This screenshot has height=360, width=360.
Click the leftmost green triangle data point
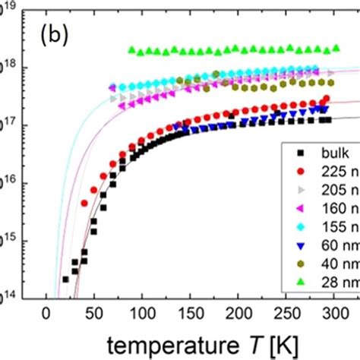click(x=131, y=51)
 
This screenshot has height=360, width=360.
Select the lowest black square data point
click(x=65, y=279)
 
